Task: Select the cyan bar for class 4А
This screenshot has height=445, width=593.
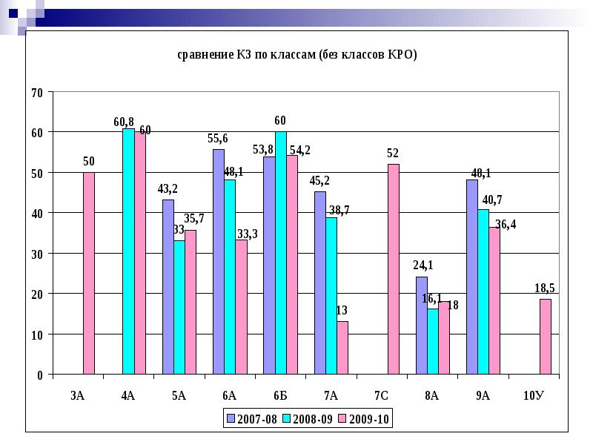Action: (128, 251)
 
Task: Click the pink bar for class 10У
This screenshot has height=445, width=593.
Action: (545, 337)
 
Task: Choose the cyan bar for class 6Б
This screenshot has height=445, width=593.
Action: (280, 253)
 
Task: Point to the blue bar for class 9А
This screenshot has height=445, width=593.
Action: (471, 277)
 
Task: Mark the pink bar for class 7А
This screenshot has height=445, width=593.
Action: (342, 348)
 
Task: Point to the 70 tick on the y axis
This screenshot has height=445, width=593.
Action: (36, 92)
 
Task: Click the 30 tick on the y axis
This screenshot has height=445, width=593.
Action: (36, 254)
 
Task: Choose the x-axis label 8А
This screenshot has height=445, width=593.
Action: (431, 395)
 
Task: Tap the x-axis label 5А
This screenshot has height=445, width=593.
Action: (179, 395)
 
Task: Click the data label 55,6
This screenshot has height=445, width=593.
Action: (218, 138)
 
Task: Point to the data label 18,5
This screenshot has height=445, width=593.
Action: (545, 288)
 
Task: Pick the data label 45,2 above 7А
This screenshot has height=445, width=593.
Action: (319, 180)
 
